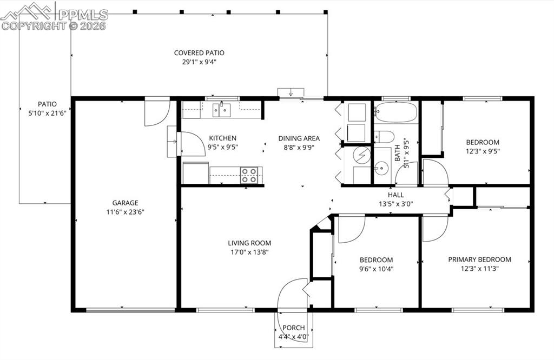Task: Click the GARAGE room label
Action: point(125,203)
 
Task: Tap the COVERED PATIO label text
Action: point(199,53)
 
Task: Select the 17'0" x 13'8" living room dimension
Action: point(249,252)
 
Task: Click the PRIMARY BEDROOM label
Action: point(479,259)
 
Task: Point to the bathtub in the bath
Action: point(395,112)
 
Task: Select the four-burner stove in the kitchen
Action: point(249,175)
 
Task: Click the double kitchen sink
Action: point(222,110)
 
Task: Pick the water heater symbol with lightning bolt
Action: point(360,155)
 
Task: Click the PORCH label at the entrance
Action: point(294,328)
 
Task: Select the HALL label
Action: point(395,195)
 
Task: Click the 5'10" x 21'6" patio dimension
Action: point(47,113)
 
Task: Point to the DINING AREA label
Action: point(299,138)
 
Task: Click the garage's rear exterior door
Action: point(157,112)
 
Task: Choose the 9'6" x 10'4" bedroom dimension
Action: point(375,269)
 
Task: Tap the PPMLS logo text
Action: point(84,15)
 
